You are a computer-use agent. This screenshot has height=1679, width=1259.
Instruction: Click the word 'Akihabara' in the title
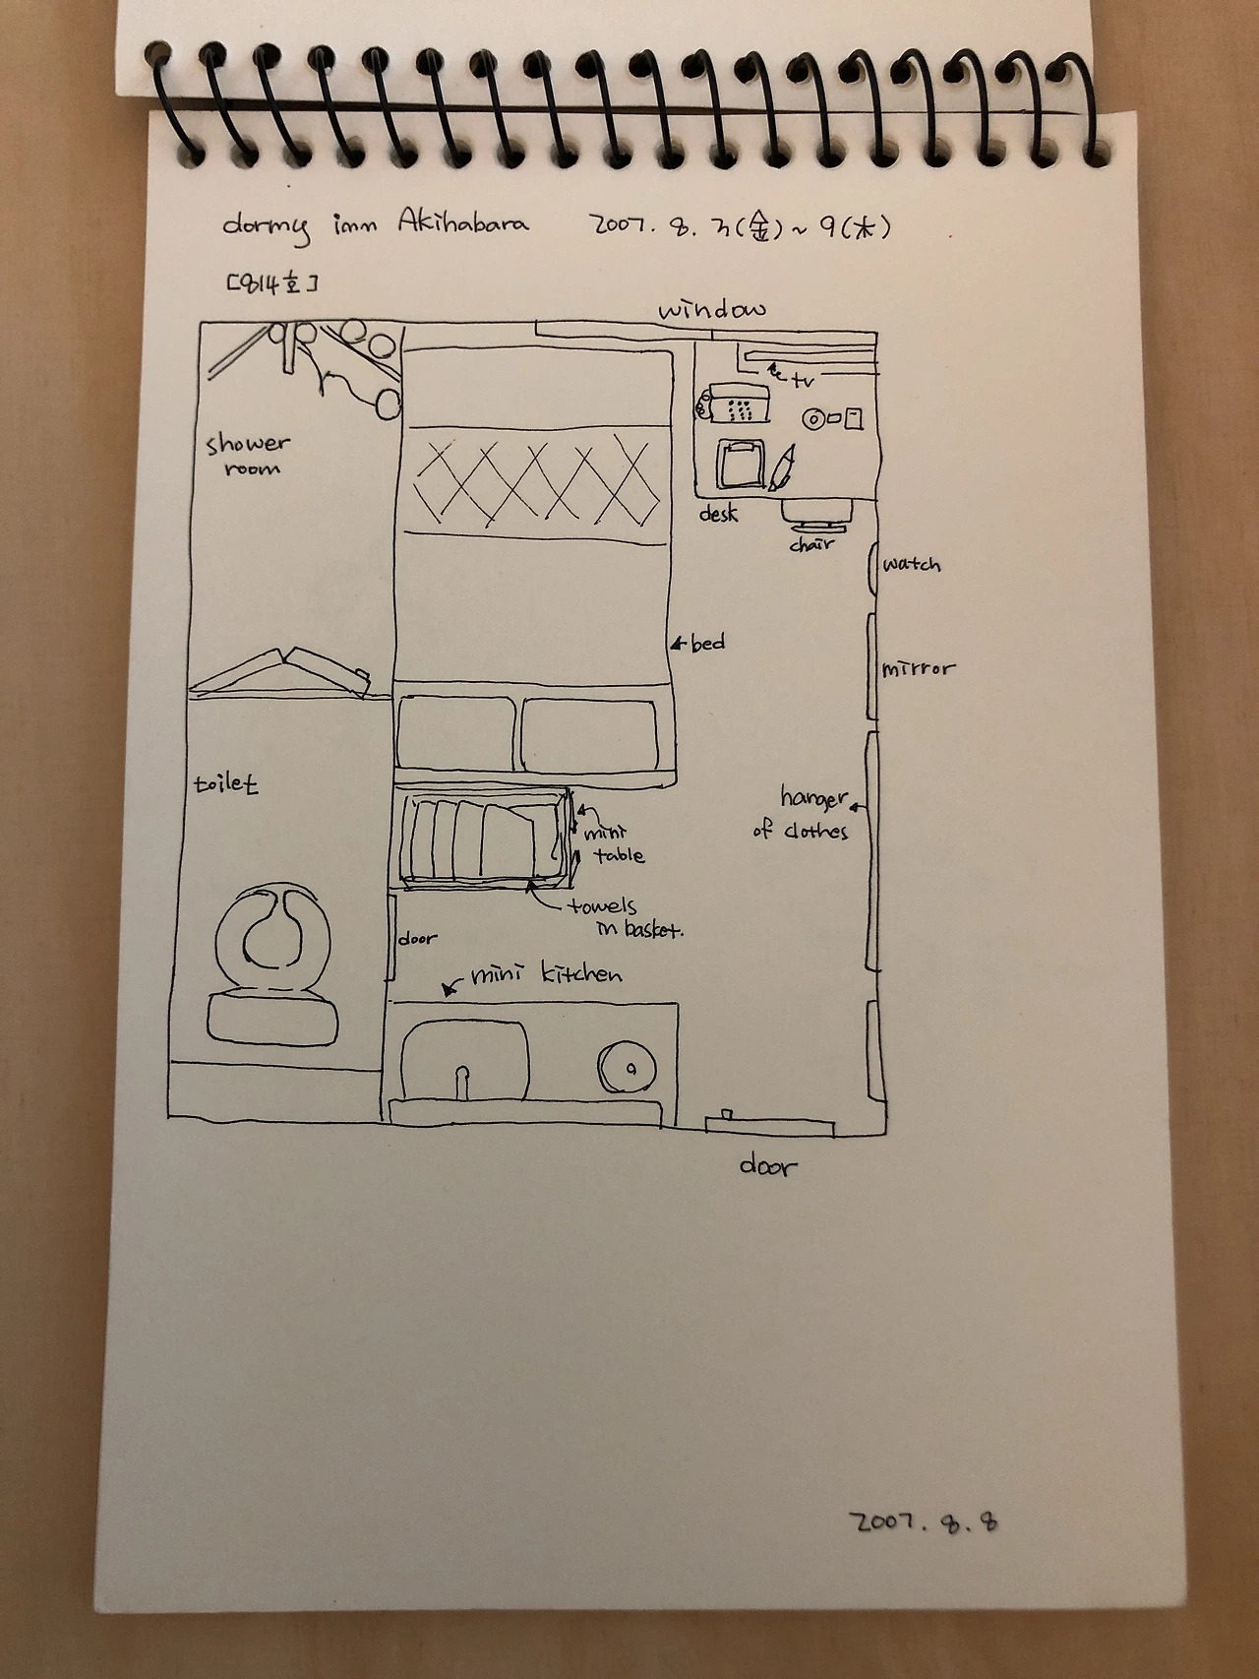pyautogui.click(x=462, y=222)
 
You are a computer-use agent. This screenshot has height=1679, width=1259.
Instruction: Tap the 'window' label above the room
pyautogui.click(x=712, y=310)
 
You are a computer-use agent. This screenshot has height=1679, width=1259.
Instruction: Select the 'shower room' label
pyautogui.click(x=247, y=455)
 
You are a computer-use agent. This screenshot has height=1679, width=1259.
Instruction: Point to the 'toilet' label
pyautogui.click(x=225, y=784)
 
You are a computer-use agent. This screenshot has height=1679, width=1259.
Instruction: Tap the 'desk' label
pyautogui.click(x=718, y=514)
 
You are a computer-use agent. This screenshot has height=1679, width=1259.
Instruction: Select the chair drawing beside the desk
pyautogui.click(x=816, y=513)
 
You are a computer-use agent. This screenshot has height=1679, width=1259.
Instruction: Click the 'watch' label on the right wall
pyautogui.click(x=911, y=564)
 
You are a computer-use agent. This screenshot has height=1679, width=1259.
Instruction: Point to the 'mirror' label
pyautogui.click(x=918, y=669)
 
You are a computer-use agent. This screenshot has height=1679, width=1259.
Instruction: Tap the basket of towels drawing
pyautogui.click(x=485, y=839)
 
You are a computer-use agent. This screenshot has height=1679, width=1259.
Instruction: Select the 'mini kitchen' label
pyautogui.click(x=546, y=975)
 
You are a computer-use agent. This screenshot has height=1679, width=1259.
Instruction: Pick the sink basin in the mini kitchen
pyautogui.click(x=465, y=1061)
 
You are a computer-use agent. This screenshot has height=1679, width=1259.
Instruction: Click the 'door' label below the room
pyautogui.click(x=767, y=1166)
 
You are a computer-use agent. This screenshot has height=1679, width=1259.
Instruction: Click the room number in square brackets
pyautogui.click(x=271, y=284)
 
